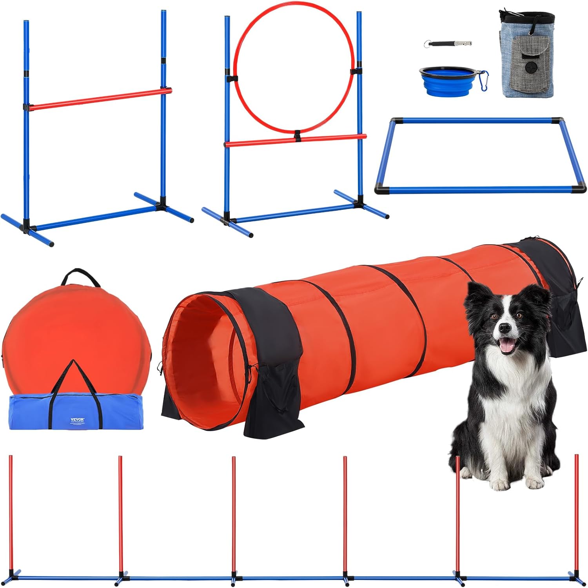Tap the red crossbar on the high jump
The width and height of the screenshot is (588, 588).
(98, 98)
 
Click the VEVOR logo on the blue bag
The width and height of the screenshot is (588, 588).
(78, 419)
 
